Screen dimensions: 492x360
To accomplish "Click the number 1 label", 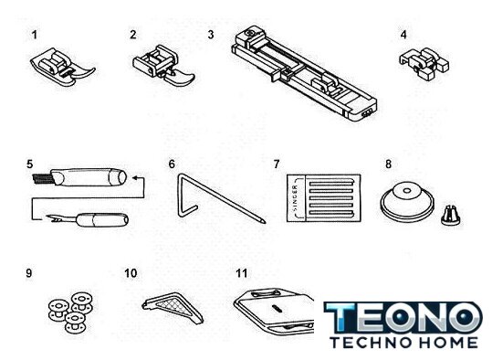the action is pyautogui.click(x=35, y=35).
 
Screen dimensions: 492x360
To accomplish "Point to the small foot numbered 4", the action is pyautogui.click(x=424, y=64).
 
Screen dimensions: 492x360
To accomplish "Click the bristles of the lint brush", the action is pyautogui.click(x=42, y=178).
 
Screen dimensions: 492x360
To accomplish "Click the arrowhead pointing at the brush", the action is pyautogui.click(x=135, y=178).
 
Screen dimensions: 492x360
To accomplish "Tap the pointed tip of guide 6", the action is pyautogui.click(x=263, y=221).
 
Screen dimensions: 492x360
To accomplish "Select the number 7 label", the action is pyautogui.click(x=277, y=164).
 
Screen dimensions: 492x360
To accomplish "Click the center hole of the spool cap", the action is pyautogui.click(x=407, y=191).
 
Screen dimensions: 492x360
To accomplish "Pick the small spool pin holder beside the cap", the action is pyautogui.click(x=451, y=216).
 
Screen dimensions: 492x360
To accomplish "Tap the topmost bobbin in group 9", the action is pyautogui.click(x=82, y=301).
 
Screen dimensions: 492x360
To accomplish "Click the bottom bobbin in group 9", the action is pyautogui.click(x=75, y=323).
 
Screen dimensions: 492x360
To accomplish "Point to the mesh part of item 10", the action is pyautogui.click(x=174, y=304).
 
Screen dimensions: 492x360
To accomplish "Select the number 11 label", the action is pyautogui.click(x=242, y=273).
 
